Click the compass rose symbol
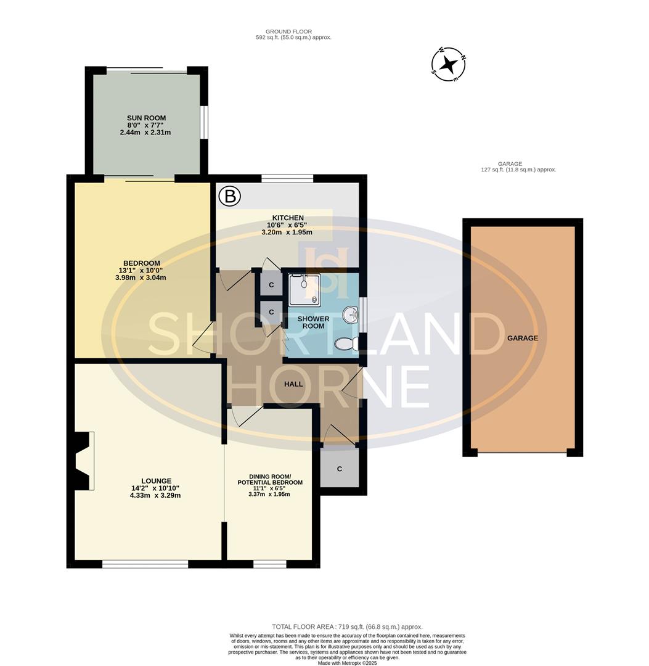click(x=449, y=64)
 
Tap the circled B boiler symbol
click(x=229, y=197)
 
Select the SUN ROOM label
click(x=146, y=118)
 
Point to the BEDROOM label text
click(x=141, y=263)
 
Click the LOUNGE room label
click(x=156, y=481)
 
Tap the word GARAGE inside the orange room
click(x=523, y=338)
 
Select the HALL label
click(x=293, y=384)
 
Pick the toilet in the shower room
click(x=346, y=344)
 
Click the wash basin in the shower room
click(x=352, y=315)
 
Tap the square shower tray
click(x=304, y=289)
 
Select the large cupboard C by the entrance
click(x=339, y=469)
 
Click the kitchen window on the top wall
click(x=287, y=179)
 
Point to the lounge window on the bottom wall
click(x=145, y=564)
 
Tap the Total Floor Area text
click(x=347, y=627)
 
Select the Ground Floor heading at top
click(x=288, y=31)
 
